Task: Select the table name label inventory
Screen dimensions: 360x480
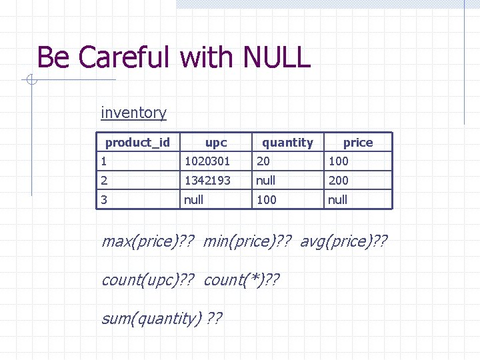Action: tap(133, 113)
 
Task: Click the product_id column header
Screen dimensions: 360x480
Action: tap(137, 142)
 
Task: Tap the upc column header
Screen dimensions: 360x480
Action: tap(216, 143)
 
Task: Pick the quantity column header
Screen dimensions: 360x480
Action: tap(287, 143)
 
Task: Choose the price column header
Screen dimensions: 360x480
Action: tap(358, 143)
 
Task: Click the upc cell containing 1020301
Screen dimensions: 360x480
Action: tap(207, 161)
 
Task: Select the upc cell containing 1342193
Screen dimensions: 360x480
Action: tap(207, 181)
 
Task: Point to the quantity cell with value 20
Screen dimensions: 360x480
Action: tap(263, 161)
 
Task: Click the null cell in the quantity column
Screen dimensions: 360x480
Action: tap(265, 181)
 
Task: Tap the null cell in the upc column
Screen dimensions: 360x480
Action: tap(193, 200)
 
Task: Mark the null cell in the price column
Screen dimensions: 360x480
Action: tap(337, 200)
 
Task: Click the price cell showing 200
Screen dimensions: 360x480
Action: tap(338, 181)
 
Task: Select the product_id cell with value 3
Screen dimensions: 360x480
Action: tap(103, 200)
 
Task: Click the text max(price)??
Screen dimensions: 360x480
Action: tap(147, 241)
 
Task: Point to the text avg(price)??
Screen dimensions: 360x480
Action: tap(343, 241)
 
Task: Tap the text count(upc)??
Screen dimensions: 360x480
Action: tap(147, 280)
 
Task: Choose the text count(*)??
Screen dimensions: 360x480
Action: tap(241, 280)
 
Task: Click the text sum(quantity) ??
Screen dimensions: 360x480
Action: tap(162, 319)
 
